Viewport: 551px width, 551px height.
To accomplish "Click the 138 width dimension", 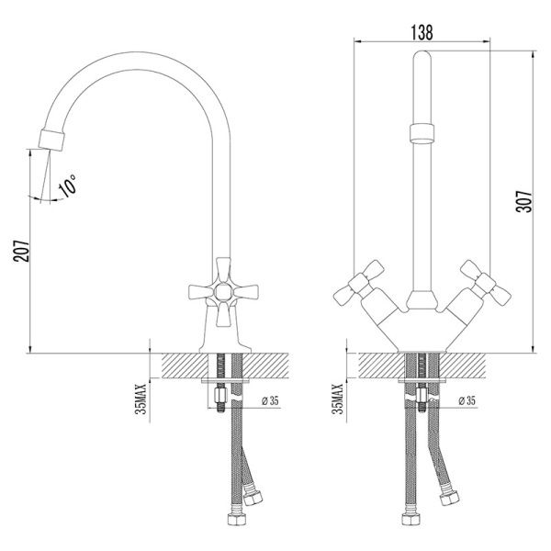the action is pos(422,32).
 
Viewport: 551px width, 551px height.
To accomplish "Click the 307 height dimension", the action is pos(524,202).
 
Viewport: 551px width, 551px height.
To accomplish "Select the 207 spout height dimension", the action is pos(21,251).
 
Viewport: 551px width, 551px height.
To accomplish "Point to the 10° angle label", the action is pos(68,185).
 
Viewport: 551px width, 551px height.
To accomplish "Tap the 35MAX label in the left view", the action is pos(141,399).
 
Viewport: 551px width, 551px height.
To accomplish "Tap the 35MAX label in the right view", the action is pos(338,399).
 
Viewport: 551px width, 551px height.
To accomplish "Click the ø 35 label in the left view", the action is pos(270,400).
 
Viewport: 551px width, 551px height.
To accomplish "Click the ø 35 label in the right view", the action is pos(467,400).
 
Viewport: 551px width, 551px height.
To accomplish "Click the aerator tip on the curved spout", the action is pos(51,140).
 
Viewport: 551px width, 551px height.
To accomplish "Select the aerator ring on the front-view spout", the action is pos(422,133).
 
